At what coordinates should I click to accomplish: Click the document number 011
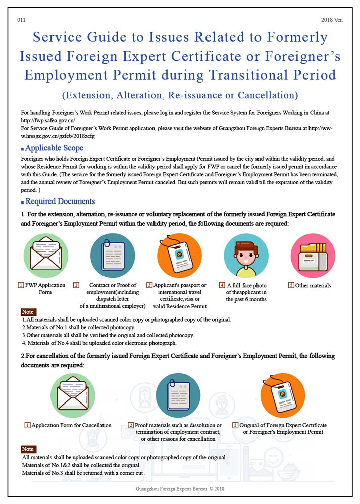(x=21, y=20)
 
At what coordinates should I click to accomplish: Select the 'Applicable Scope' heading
(x=54, y=148)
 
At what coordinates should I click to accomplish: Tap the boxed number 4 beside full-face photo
(x=222, y=285)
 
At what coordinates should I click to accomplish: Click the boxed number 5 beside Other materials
(x=291, y=285)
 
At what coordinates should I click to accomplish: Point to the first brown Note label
(x=28, y=312)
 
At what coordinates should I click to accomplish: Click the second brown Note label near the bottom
(x=28, y=449)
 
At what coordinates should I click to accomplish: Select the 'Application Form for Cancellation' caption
(x=71, y=425)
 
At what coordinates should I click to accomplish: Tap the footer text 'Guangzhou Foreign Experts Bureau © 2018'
(x=180, y=489)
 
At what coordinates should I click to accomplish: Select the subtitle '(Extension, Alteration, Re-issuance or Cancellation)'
(x=180, y=94)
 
